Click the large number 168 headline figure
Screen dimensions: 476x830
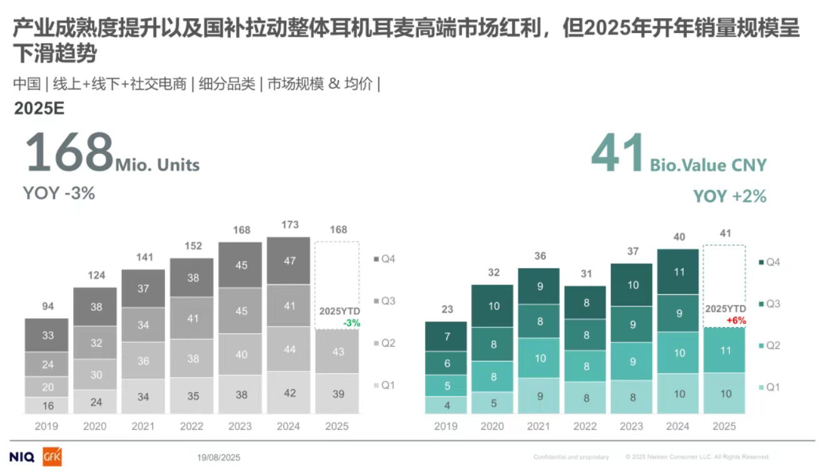click(x=69, y=153)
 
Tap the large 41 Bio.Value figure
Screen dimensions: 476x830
click(x=617, y=153)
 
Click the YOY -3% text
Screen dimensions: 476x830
click(x=59, y=193)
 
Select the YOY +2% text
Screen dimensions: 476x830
click(x=729, y=196)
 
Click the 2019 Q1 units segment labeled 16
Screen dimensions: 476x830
click(x=48, y=405)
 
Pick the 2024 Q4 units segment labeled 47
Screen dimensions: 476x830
click(x=289, y=261)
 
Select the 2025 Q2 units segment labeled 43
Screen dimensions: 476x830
click(x=338, y=352)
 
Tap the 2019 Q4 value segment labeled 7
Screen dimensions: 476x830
click(x=446, y=337)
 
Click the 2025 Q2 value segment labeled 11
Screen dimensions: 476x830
click(x=725, y=351)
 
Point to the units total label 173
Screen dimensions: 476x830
click(x=290, y=225)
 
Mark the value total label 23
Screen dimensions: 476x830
click(x=446, y=310)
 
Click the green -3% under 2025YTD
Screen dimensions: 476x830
click(x=351, y=323)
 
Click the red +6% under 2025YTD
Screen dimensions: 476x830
click(x=736, y=320)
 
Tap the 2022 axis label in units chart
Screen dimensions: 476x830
click(x=191, y=427)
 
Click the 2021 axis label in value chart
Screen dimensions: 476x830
click(x=539, y=427)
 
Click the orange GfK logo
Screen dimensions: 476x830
click(x=52, y=457)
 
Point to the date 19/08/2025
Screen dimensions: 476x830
click(x=218, y=458)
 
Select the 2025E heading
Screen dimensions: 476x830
click(x=39, y=108)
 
